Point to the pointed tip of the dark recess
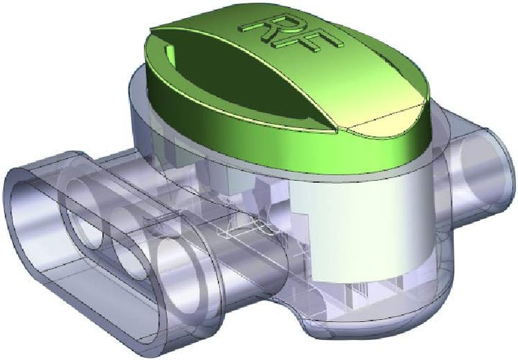tap(336, 133)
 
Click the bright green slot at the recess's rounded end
tap(170, 55)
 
